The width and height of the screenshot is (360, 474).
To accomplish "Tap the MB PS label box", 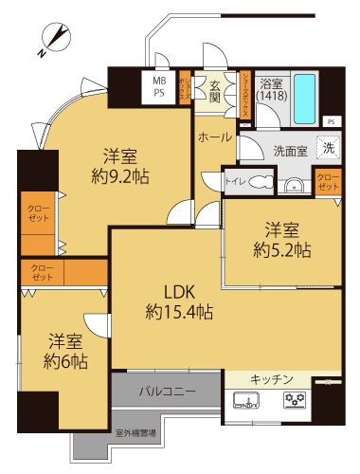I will point(158,87).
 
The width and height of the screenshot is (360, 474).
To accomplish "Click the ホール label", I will point(215,137).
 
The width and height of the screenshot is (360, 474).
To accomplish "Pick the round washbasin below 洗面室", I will point(295,184).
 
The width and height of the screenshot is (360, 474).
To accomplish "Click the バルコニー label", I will point(167,391).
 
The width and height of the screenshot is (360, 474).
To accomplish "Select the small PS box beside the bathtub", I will point(331,121).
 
